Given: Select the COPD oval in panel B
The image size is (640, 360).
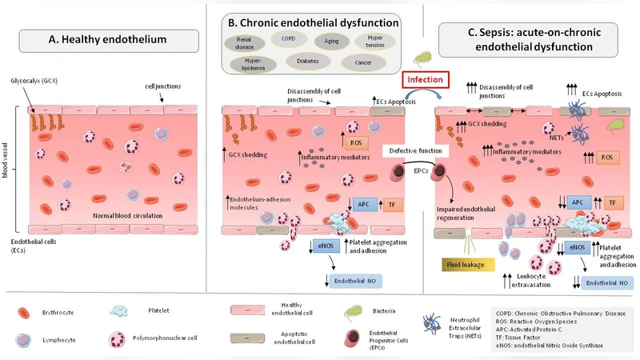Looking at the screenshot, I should point(286,37).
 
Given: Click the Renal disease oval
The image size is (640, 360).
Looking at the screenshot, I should point(242,42).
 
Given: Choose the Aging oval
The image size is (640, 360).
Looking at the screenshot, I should point(330,40).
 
